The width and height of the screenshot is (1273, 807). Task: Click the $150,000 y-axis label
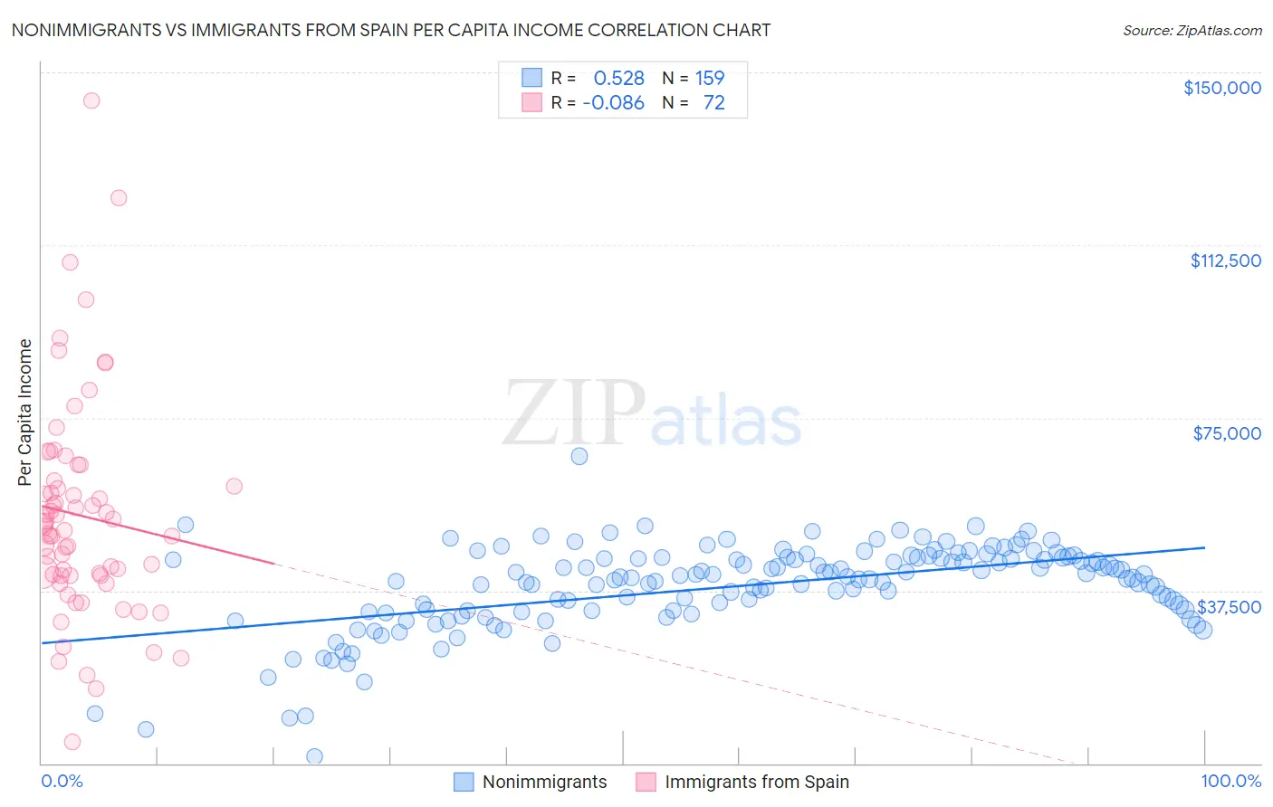click(x=1221, y=88)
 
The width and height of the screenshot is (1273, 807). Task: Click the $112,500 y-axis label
click(x=1225, y=261)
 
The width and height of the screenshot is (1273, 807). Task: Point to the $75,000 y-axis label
click(x=1227, y=433)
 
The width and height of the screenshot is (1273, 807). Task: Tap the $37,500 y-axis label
click(x=1229, y=606)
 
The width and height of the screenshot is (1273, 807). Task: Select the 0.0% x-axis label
click(x=62, y=781)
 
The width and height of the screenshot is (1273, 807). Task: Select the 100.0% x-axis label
click(x=1230, y=781)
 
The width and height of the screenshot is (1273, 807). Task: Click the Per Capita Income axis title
click(x=25, y=412)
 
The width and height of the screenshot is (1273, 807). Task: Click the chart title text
click(x=390, y=30)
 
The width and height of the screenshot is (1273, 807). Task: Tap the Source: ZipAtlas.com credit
click(x=1192, y=30)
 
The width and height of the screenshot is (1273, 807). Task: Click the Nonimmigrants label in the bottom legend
click(x=544, y=782)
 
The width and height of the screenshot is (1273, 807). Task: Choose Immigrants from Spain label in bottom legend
click(x=757, y=782)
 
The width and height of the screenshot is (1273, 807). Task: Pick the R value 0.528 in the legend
click(x=618, y=78)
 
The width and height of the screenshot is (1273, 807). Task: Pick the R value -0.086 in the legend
click(x=613, y=102)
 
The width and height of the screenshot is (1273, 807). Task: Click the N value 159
click(x=710, y=78)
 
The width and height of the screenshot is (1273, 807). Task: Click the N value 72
click(x=713, y=102)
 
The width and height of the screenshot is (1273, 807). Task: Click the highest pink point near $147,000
click(x=91, y=100)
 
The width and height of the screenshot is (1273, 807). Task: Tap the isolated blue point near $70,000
click(x=579, y=456)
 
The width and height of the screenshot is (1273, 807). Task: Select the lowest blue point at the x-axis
click(x=314, y=756)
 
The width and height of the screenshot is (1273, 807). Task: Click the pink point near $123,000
click(x=119, y=198)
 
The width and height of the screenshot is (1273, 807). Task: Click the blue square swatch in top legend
click(x=531, y=78)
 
